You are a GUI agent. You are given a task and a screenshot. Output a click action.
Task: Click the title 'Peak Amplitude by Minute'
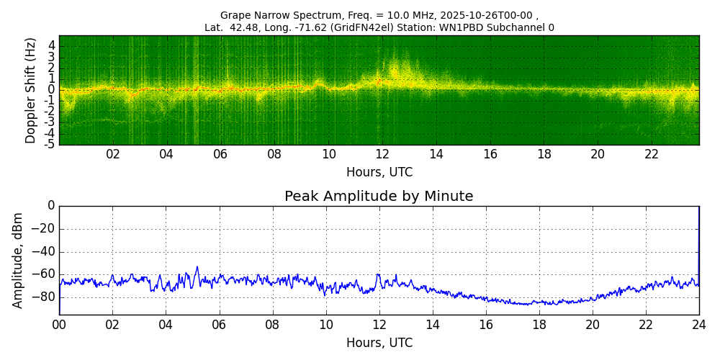point(379,197)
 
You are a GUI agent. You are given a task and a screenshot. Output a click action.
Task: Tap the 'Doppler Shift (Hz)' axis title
point(30,90)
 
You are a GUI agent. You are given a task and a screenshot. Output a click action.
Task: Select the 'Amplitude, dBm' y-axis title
point(18,260)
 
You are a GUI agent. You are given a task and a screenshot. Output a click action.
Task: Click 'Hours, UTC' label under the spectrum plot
point(379,173)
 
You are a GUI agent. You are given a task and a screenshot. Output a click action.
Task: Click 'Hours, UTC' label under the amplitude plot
point(379,343)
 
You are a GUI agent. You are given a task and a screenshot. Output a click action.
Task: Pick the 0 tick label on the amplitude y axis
point(51,206)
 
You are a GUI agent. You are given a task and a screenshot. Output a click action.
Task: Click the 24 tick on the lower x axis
point(699,325)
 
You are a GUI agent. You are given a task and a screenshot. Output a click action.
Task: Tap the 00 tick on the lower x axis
point(59,325)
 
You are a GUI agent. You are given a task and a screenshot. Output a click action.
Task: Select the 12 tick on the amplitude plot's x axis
point(379,325)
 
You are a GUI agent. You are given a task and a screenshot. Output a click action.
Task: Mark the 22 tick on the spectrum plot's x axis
point(652,154)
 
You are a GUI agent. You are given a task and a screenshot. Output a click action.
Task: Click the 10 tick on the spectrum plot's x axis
point(329,154)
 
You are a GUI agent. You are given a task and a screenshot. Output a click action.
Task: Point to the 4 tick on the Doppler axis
point(51,45)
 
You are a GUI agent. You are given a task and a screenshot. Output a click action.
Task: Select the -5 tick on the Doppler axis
point(49,144)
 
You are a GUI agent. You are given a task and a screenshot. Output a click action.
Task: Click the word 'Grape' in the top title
point(235,15)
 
